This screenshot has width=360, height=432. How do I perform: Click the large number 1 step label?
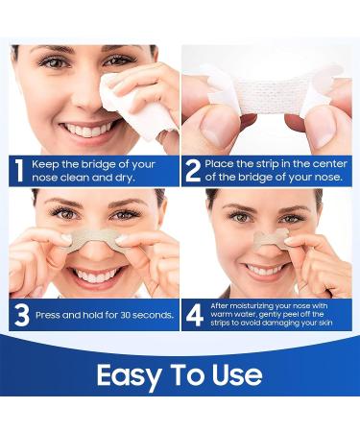[18, 169]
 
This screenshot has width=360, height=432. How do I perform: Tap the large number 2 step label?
[193, 169]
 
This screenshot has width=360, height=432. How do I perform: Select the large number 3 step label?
[19, 313]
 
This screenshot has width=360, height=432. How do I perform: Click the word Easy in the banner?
[131, 374]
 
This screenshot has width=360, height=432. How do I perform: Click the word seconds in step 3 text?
[153, 314]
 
